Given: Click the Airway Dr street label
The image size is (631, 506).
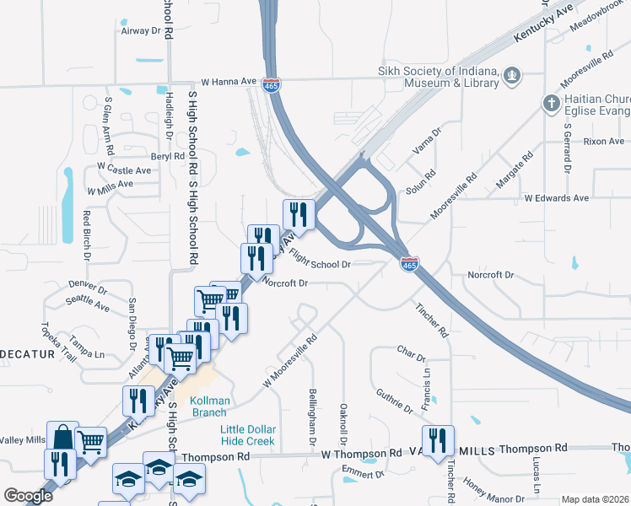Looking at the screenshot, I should tap(141, 31).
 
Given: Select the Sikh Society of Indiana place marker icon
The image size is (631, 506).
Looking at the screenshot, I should tap(510, 78).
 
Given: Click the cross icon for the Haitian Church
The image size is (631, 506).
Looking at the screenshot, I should tap(550, 104).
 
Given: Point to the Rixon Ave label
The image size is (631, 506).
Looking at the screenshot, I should tap(604, 141).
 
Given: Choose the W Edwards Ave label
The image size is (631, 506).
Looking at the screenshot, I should tap(556, 198).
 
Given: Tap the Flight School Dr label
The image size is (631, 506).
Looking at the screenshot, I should tap(320, 258).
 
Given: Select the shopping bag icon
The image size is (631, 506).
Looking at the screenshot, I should tap(62, 437).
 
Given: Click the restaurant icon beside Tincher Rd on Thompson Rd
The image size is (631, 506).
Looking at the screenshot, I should tap(437, 441).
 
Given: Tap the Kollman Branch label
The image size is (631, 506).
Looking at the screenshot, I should tap(208, 406).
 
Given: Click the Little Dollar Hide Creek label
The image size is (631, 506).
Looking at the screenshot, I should tap(248, 435).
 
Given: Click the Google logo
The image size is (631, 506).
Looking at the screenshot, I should tap(28, 495).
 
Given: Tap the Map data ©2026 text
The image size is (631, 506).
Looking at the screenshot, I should tap(595, 499).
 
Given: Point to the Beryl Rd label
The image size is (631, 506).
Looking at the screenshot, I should tap(167, 157).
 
